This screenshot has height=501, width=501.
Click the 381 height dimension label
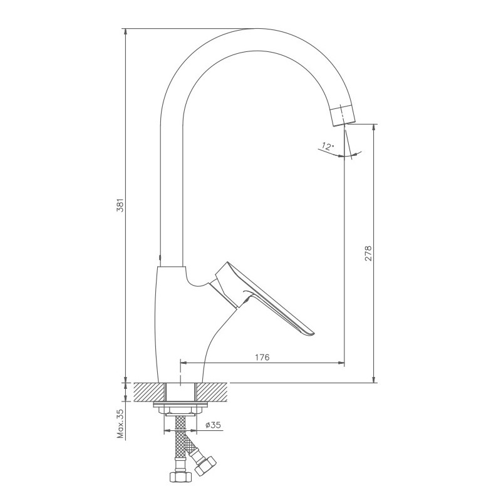tap(120, 205)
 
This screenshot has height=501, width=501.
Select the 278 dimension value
tap(368, 254)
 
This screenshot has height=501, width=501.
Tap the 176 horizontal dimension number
tap(262, 357)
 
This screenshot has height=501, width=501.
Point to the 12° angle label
tap(328, 147)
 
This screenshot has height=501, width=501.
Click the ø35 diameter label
tap(213, 425)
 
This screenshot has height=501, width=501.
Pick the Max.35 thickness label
tap(120, 425)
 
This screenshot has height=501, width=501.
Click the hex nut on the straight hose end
tap(180, 477)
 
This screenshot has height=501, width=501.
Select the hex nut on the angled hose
tap(205, 465)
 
